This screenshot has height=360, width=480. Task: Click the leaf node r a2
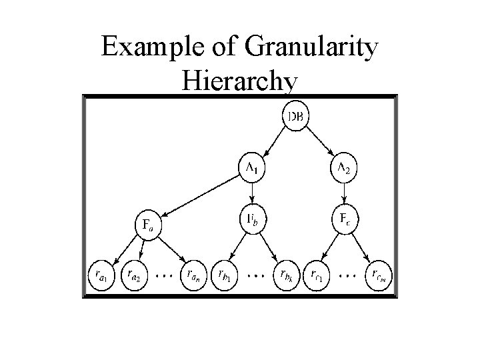(133, 275)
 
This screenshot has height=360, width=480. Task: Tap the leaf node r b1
(224, 275)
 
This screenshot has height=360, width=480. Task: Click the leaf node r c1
(315, 275)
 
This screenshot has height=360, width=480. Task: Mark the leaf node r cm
(377, 275)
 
